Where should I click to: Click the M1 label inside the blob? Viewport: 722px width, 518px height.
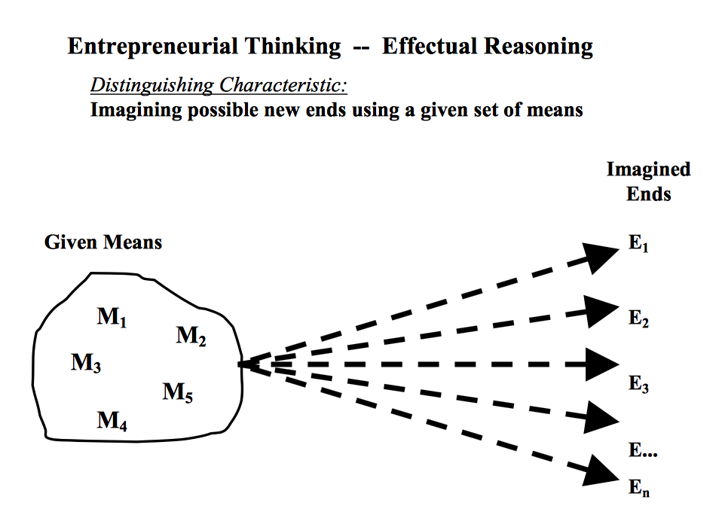tap(112, 318)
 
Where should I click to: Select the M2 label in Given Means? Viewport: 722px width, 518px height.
tap(191, 336)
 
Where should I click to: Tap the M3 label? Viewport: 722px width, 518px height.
tap(87, 364)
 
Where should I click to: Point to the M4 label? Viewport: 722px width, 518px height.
tap(112, 421)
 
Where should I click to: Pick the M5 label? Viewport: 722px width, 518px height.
tap(177, 392)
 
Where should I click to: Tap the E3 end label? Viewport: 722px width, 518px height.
tap(639, 384)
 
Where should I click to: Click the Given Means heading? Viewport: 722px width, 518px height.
tap(103, 242)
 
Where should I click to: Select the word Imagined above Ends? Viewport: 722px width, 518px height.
tap(648, 169)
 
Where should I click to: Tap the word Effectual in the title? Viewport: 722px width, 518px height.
tap(430, 47)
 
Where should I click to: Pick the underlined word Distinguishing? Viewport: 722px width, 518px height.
tap(151, 85)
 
